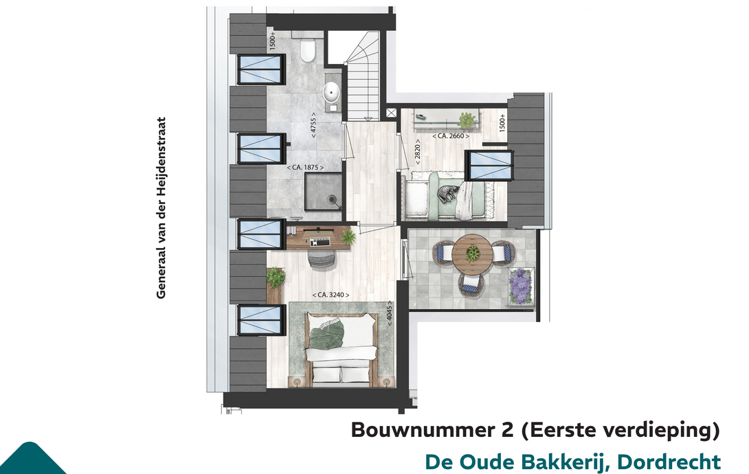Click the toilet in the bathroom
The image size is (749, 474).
[308, 51]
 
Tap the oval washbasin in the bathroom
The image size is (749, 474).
[331, 91]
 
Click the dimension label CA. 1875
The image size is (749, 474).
[305, 168]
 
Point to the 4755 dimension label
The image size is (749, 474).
[313, 125]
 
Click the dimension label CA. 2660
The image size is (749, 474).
[451, 136]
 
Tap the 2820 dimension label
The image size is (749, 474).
[418, 153]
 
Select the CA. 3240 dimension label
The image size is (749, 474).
[331, 295]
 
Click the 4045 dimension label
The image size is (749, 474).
[390, 313]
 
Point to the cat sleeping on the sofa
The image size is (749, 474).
[448, 194]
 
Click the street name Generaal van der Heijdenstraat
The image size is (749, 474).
[161, 208]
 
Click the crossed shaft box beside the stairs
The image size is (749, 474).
[391, 113]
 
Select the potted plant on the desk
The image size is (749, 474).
[348, 236]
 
